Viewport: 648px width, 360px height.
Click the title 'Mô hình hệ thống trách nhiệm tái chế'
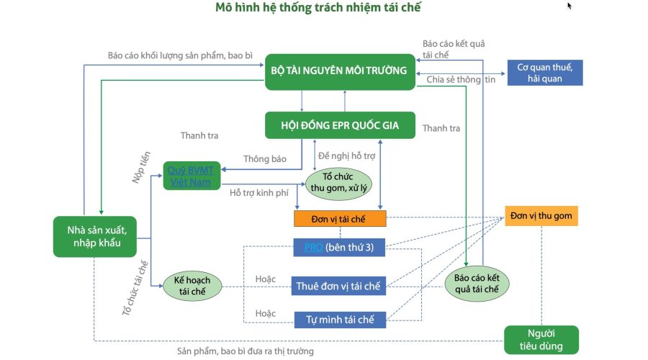point(318,9)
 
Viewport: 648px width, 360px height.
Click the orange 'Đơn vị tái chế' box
point(340,217)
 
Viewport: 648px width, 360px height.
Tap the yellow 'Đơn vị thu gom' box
point(541,216)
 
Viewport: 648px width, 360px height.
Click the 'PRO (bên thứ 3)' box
point(339,248)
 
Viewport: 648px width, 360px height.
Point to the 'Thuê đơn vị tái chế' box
point(339,286)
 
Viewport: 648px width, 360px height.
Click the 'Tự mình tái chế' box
point(341,319)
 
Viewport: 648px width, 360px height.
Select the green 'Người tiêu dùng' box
point(541,339)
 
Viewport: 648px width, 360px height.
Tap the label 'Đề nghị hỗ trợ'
point(346,156)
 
